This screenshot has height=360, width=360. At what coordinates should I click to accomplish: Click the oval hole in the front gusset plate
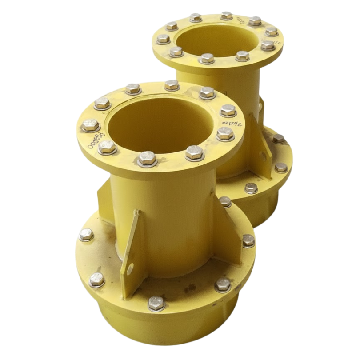(130, 268)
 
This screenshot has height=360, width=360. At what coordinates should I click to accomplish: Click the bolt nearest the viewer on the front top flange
(147, 158)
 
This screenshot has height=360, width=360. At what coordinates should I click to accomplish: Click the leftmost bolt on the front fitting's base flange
(86, 235)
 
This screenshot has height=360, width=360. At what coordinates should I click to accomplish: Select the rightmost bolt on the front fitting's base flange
(248, 240)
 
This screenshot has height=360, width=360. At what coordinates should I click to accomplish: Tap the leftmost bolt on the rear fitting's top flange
(163, 39)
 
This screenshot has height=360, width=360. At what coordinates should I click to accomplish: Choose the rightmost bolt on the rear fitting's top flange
(272, 32)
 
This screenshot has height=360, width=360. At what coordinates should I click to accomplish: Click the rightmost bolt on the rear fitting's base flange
(281, 167)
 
